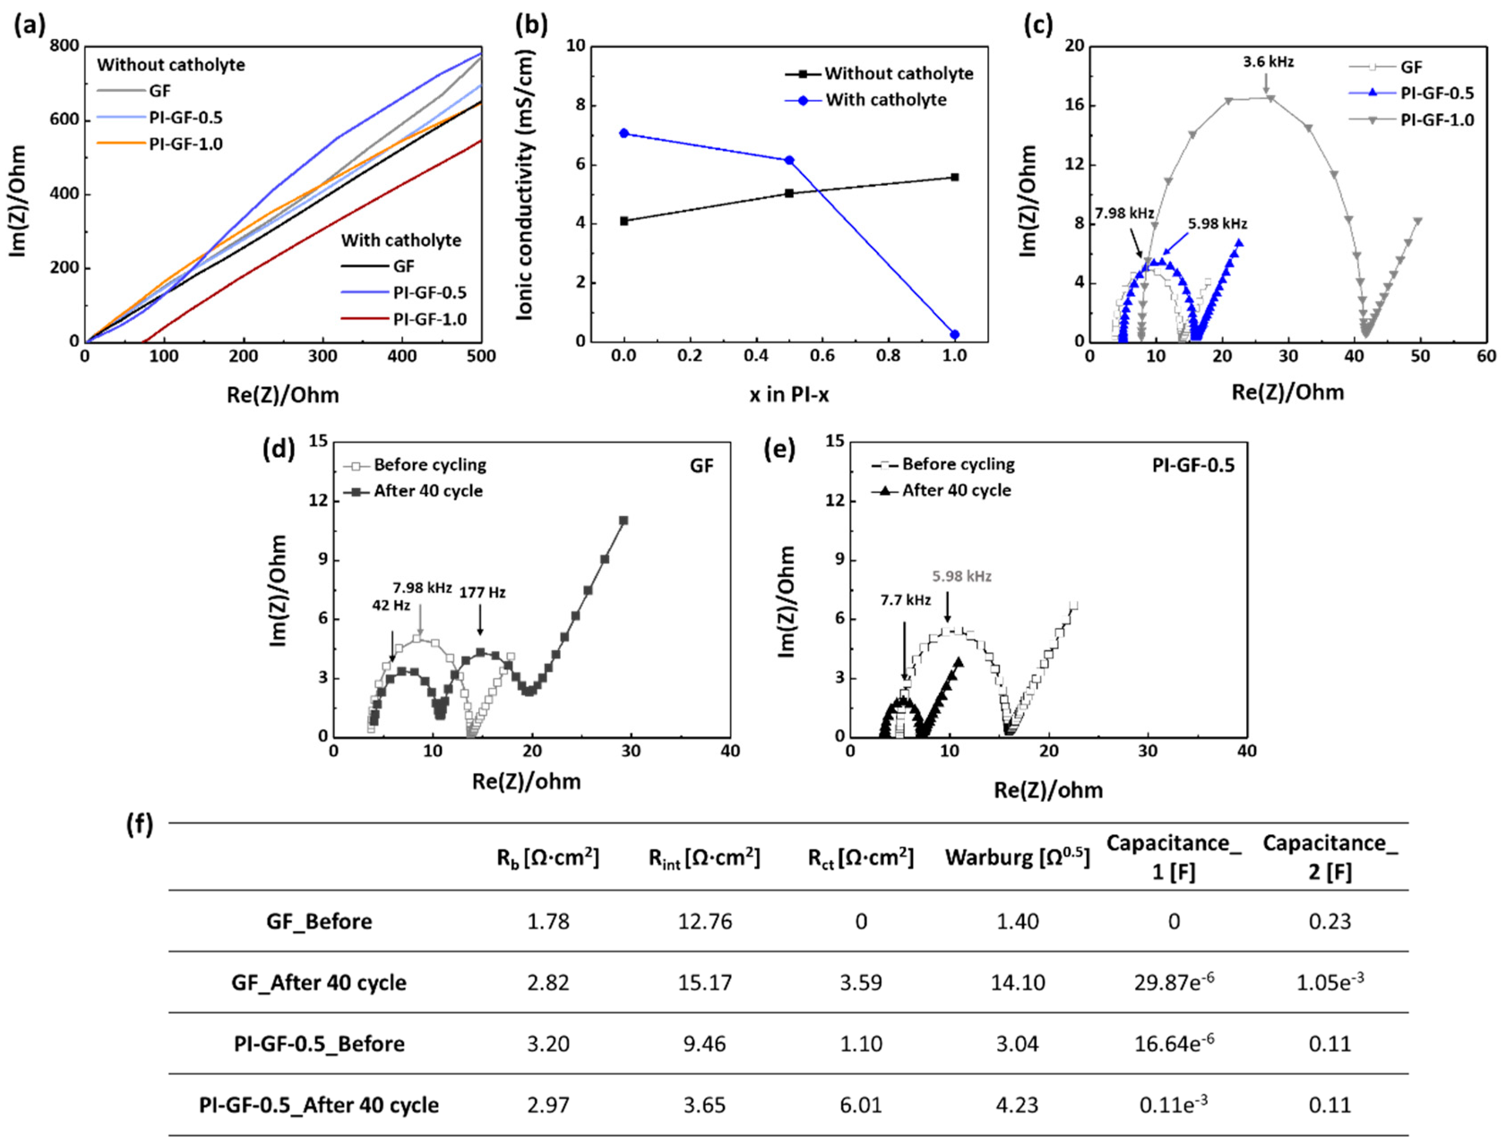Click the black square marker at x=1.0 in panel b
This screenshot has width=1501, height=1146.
tap(954, 177)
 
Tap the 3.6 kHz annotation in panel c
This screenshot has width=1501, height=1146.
tap(1268, 62)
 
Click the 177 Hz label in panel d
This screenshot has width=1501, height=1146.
tap(482, 593)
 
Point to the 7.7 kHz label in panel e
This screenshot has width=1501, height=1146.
tap(905, 600)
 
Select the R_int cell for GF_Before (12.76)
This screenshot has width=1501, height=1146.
tap(705, 922)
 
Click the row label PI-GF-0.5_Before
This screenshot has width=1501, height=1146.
tap(319, 1044)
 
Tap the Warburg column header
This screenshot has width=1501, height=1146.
tap(1017, 858)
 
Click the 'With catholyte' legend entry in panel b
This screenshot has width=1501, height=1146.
tap(885, 100)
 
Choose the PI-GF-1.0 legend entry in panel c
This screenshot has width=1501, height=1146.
tap(1436, 120)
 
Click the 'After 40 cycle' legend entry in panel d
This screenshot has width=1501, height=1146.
tap(428, 491)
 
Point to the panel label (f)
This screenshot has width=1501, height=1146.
tap(139, 825)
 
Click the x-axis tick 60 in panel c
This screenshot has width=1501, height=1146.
tap(1485, 357)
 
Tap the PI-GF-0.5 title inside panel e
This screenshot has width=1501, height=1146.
tap(1193, 465)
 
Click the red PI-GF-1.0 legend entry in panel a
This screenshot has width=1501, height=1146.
tap(430, 319)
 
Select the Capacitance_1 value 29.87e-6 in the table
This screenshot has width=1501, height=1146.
tap(1174, 982)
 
